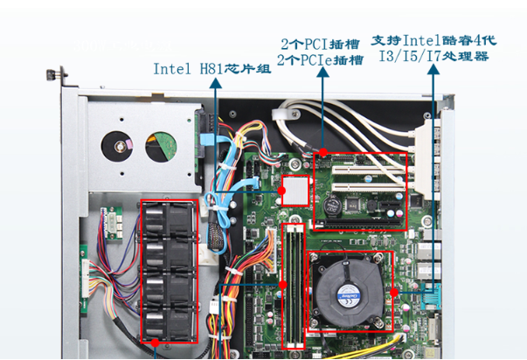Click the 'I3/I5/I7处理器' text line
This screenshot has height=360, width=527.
[433, 56]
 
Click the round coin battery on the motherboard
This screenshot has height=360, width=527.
[332, 205]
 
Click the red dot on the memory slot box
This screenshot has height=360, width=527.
[284, 285]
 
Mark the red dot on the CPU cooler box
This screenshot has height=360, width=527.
[395, 289]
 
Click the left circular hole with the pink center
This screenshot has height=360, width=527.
[117, 146]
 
